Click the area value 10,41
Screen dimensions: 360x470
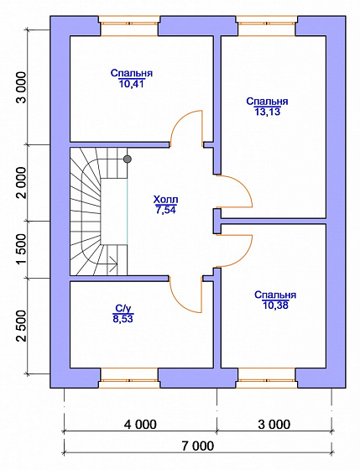[x=131, y=84]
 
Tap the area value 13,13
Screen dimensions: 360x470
[x=268, y=112]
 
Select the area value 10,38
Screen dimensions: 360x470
[x=275, y=305]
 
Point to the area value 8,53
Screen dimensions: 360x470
[x=123, y=319]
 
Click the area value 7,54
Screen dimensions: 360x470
[x=165, y=210]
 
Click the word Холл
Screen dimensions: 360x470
[x=165, y=200]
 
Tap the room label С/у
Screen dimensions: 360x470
[x=123, y=309]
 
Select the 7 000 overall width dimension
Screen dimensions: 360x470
[x=198, y=446]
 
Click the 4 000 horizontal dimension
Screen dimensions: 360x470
[x=140, y=425]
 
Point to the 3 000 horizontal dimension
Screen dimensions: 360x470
[x=274, y=425]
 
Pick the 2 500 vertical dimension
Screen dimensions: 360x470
[x=22, y=326]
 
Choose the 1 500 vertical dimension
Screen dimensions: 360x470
[x=22, y=250]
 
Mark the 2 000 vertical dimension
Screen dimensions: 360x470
[x=22, y=183]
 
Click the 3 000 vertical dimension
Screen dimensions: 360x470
[x=22, y=87]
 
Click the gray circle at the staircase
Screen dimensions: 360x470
[x=128, y=159]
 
